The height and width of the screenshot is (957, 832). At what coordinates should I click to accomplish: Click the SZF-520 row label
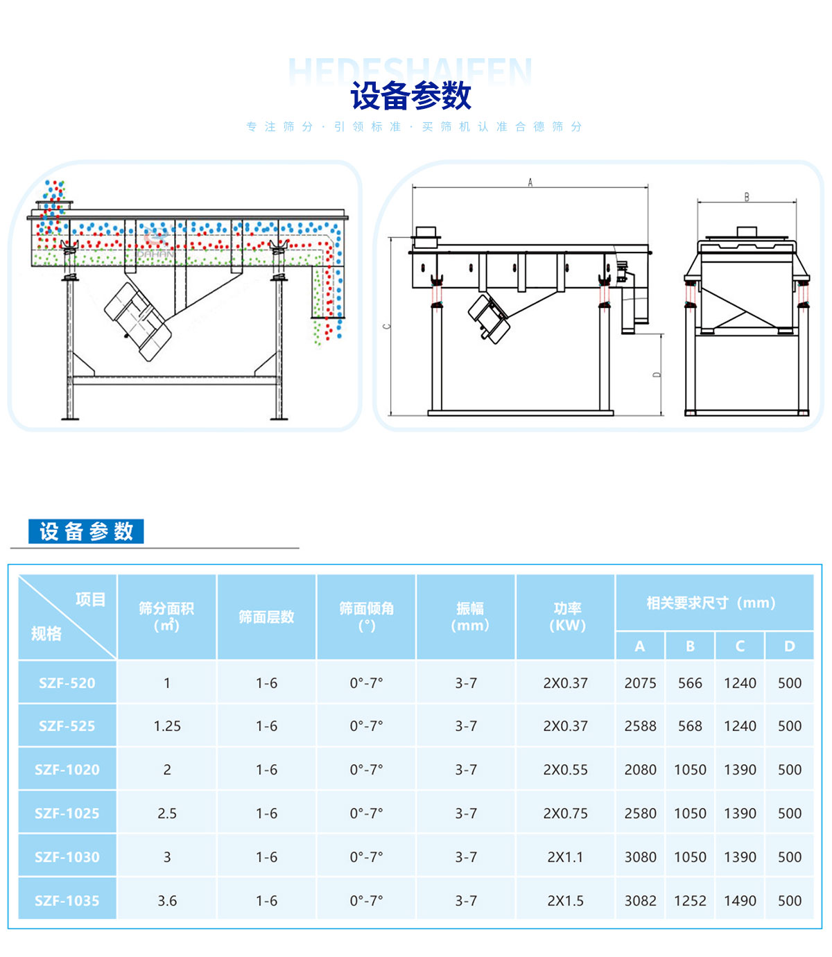click(x=67, y=683)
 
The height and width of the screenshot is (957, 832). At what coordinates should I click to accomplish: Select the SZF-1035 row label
click(x=67, y=900)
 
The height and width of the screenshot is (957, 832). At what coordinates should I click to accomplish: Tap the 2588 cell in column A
click(x=640, y=726)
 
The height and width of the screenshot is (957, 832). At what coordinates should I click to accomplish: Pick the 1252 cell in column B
click(x=690, y=900)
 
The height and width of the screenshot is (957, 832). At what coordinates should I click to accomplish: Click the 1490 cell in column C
click(x=740, y=900)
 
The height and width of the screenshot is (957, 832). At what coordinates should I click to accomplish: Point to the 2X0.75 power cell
click(x=565, y=813)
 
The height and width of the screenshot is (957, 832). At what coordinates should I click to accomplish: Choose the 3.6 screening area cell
click(x=167, y=900)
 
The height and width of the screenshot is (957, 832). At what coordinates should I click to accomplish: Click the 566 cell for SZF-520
click(x=690, y=683)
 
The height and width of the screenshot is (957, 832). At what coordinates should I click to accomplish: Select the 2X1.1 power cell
click(x=565, y=857)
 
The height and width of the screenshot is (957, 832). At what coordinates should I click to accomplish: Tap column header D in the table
click(x=790, y=646)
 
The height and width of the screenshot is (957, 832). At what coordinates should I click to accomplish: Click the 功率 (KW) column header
click(x=567, y=617)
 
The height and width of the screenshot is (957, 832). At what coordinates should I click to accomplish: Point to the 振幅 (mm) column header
click(x=469, y=617)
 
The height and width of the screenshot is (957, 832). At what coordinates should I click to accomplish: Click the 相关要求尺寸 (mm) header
click(x=711, y=603)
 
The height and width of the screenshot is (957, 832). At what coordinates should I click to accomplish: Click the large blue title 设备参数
click(x=410, y=96)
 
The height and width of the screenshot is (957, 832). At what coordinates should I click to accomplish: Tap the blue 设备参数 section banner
click(x=86, y=531)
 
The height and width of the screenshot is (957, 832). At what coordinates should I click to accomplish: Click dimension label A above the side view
click(x=530, y=182)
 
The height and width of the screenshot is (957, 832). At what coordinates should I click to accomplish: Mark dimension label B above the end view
click(x=747, y=197)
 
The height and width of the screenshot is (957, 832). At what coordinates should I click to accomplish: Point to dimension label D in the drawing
click(x=657, y=374)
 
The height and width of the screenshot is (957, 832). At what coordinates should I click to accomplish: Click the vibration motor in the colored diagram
click(x=139, y=322)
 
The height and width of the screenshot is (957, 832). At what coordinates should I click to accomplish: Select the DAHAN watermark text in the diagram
click(x=156, y=254)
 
